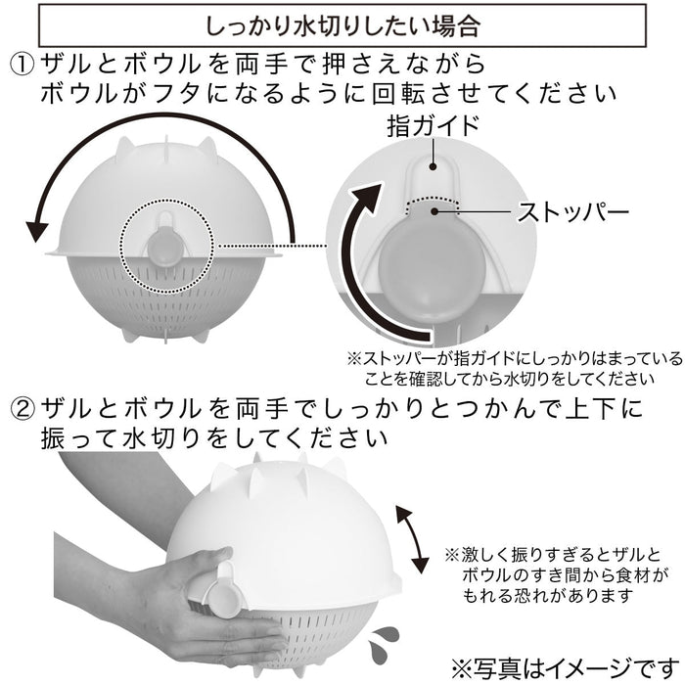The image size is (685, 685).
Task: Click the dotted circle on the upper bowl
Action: [167, 242]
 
